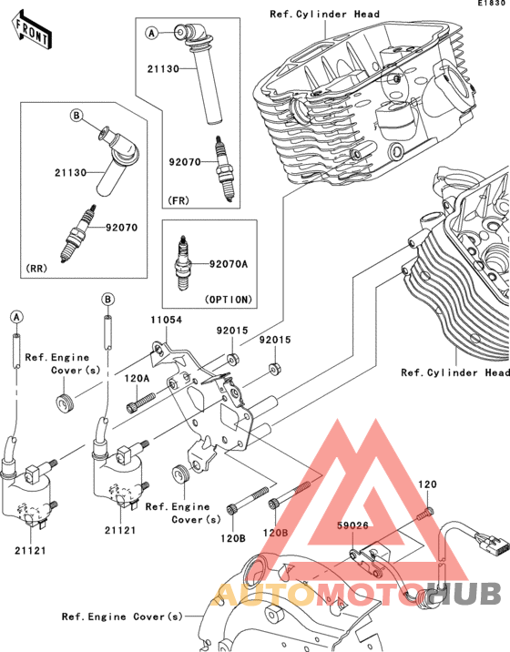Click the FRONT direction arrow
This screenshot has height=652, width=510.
(33, 30)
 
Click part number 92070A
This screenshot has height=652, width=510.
(229, 264)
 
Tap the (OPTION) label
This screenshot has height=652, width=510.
(229, 300)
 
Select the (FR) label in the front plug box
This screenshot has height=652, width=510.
(178, 200)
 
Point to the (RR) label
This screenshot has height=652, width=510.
(36, 269)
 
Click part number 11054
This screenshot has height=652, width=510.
(167, 320)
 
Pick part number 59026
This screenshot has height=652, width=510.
(352, 525)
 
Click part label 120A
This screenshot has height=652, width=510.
(137, 379)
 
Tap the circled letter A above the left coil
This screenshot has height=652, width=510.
(16, 317)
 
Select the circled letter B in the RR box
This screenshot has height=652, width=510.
(76, 115)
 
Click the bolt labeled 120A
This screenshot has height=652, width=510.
(140, 402)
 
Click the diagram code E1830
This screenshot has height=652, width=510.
(493, 3)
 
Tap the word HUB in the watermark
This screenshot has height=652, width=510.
(464, 593)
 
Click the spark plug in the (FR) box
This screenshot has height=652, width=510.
(224, 169)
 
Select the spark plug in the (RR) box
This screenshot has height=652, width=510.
(77, 233)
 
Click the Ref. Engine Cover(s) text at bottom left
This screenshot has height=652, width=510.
(122, 616)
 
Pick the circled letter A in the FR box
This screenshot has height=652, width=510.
(152, 33)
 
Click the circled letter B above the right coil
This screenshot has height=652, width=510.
(107, 299)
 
